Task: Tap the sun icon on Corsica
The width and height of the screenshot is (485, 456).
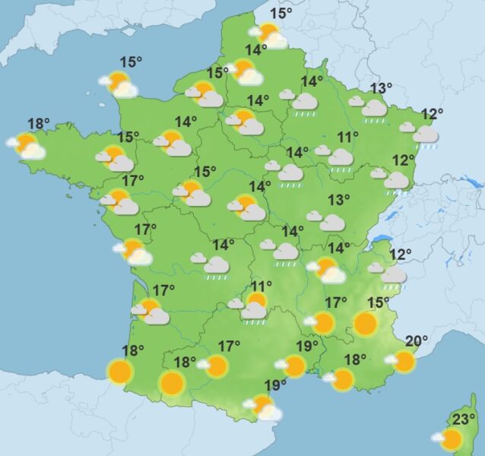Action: tap(452, 439)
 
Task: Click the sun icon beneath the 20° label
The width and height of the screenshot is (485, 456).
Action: tap(404, 361)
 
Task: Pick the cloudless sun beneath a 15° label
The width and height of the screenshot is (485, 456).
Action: tap(366, 325)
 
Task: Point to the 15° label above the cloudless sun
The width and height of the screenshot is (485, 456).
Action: tap(379, 303)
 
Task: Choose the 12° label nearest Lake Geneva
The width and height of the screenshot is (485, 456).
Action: tap(401, 254)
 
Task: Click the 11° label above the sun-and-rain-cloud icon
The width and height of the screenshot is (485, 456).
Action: tap(261, 286)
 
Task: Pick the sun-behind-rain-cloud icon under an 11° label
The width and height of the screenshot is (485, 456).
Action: tap(254, 306)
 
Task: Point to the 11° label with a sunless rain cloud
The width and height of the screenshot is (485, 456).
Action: tap(348, 138)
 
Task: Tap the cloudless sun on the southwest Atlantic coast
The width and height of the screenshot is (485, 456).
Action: tap(120, 372)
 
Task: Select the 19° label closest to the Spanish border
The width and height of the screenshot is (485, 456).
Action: tap(275, 385)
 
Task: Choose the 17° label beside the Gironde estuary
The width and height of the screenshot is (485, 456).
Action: tap(163, 290)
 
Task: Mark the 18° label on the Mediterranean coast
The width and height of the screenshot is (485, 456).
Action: tap(355, 359)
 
